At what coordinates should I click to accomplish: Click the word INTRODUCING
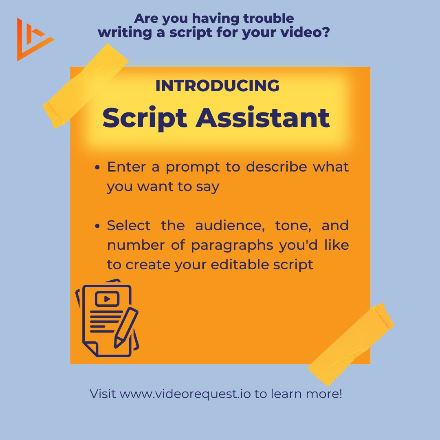pyautogui.click(x=218, y=86)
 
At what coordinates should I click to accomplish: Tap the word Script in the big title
pyautogui.click(x=145, y=118)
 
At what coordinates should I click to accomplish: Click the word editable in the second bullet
pyautogui.click(x=238, y=264)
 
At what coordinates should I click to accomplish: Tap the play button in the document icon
pyautogui.click(x=107, y=299)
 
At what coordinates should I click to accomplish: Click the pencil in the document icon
pyautogui.click(x=125, y=328)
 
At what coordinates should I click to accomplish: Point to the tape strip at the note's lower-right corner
pyautogui.click(x=351, y=344)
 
